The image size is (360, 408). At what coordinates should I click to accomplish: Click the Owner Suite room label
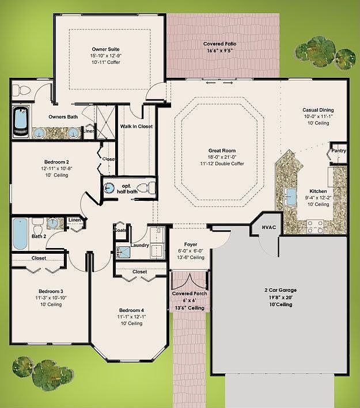pyautogui.click(x=106, y=49)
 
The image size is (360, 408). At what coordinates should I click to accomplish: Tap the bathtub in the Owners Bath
pyautogui.click(x=21, y=122)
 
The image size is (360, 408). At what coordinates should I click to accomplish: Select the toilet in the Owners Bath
pyautogui.click(x=22, y=90)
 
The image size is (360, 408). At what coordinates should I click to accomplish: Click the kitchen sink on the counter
pyautogui.click(x=290, y=197)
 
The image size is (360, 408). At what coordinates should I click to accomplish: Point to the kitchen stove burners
pyautogui.click(x=315, y=226)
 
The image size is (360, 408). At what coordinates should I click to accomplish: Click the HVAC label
pyautogui.click(x=269, y=227)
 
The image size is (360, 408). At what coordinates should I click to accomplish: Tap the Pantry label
pyautogui.click(x=339, y=151)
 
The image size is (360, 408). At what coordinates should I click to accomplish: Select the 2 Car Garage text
pyautogui.click(x=281, y=290)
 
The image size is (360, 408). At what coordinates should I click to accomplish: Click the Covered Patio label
pyautogui.click(x=220, y=44)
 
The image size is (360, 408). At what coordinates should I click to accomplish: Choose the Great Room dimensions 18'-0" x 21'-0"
pyautogui.click(x=222, y=157)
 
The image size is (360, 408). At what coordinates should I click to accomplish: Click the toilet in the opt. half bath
pyautogui.click(x=146, y=188)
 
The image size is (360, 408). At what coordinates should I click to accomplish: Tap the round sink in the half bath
pyautogui.click(x=109, y=188)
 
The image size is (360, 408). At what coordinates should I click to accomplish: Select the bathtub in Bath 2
pyautogui.click(x=20, y=234)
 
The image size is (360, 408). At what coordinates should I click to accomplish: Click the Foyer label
pyautogui.click(x=191, y=245)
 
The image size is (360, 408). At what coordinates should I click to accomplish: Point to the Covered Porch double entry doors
pyautogui.click(x=190, y=280)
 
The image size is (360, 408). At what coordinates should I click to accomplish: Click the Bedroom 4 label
pyautogui.click(x=131, y=310)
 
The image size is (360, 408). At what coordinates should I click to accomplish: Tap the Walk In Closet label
pyautogui.click(x=137, y=127)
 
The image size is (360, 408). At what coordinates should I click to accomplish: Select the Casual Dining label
pyautogui.click(x=318, y=110)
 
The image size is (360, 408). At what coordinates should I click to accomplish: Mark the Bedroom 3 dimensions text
pyautogui.click(x=51, y=298)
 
